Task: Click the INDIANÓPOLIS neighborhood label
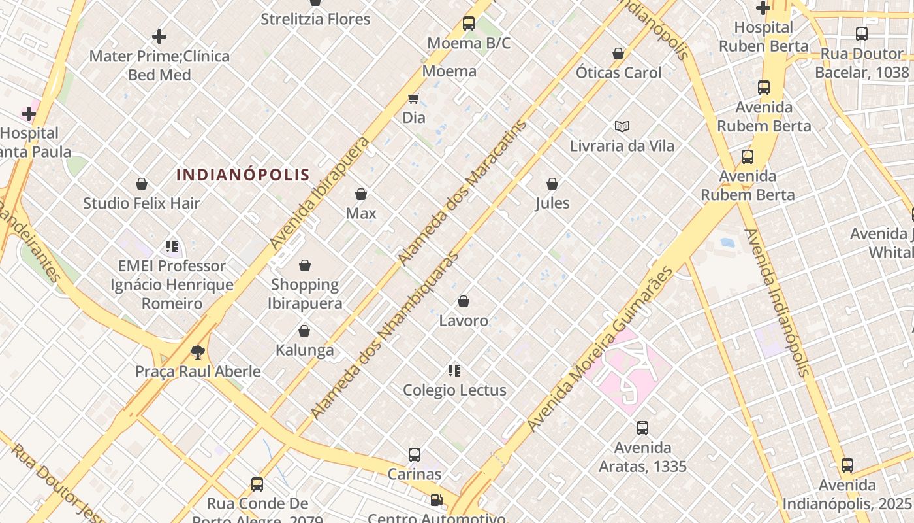[243, 175]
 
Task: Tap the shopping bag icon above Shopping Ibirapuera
[305, 265]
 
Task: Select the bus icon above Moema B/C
[469, 24]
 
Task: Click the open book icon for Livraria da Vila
[622, 126]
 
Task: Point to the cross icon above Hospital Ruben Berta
[763, 8]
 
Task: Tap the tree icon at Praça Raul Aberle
[198, 353]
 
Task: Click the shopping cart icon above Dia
[413, 99]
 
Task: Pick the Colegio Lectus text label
[454, 390]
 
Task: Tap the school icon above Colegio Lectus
[454, 371]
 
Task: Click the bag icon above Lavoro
[464, 301]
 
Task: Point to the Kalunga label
[304, 350]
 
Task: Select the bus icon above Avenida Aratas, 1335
[642, 428]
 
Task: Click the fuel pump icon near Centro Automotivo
[435, 500]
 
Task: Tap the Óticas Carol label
[618, 73]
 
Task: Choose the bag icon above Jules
[552, 184]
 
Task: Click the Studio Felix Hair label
[141, 203]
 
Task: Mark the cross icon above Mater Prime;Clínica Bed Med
[159, 37]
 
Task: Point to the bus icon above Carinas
[415, 454]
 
